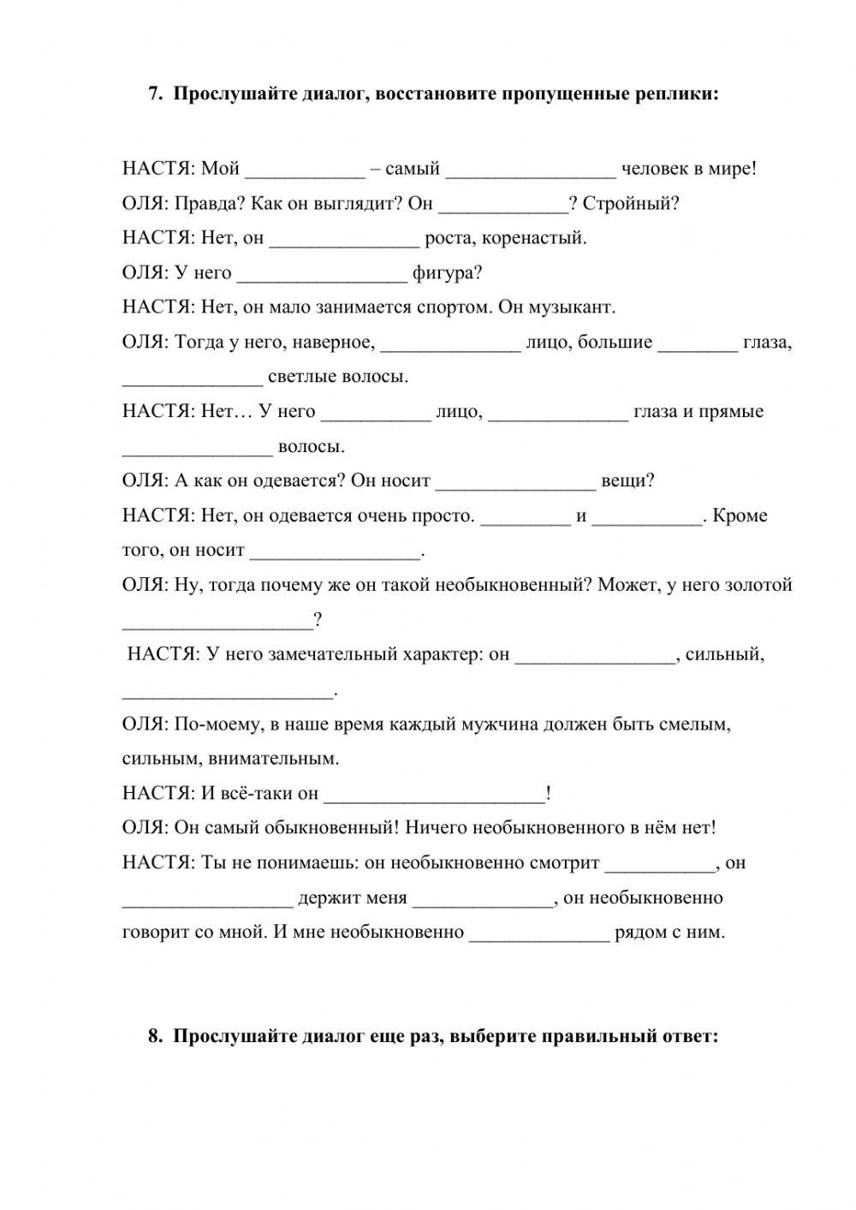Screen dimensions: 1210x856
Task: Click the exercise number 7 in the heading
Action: click(154, 94)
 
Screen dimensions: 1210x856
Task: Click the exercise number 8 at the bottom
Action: click(154, 1036)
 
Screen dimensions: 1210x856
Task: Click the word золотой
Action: click(759, 585)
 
